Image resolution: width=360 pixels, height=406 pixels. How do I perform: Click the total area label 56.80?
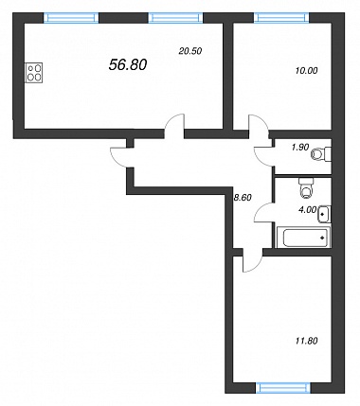click(x=128, y=65)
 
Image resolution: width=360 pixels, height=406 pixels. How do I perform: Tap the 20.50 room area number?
click(x=190, y=51)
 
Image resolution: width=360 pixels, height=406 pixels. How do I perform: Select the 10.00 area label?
click(x=306, y=71)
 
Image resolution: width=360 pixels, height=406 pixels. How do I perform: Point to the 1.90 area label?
click(x=300, y=148)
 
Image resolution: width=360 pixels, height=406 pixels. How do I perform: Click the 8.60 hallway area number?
click(x=242, y=198)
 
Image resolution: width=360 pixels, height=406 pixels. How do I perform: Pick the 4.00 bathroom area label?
click(x=307, y=210)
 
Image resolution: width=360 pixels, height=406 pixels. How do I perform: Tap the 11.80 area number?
click(x=306, y=341)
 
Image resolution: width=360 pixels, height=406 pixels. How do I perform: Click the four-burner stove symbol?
click(x=34, y=73)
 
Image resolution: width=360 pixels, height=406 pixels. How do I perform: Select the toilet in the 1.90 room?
click(x=321, y=154)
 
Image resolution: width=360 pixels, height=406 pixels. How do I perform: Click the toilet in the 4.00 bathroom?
click(x=306, y=188)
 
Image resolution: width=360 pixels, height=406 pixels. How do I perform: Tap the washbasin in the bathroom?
click(x=325, y=215)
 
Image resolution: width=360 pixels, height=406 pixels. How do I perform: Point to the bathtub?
click(x=304, y=238)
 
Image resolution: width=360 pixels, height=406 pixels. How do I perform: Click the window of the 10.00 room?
click(x=281, y=18)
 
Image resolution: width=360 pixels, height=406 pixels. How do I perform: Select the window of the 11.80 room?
click(x=283, y=388)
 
